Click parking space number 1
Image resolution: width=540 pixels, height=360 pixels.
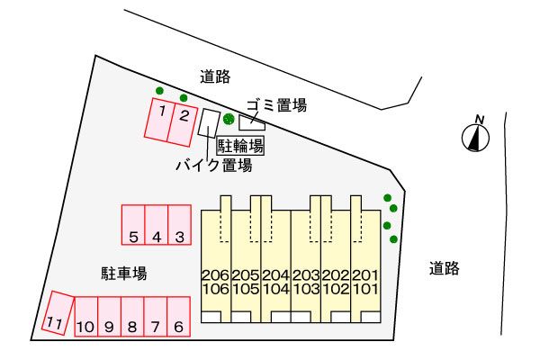coord(159,121)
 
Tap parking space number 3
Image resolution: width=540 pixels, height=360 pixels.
coord(179,225)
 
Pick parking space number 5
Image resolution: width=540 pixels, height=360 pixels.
coord(133,225)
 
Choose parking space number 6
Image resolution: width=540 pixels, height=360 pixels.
coord(178,316)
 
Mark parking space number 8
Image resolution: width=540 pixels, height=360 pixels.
coord(131,316)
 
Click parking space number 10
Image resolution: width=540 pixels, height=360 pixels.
coord(85,316)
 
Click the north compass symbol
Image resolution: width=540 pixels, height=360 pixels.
coord(476,135)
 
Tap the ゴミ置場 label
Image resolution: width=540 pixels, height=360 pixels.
coord(276,105)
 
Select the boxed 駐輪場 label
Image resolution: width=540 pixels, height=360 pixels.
coord(240,145)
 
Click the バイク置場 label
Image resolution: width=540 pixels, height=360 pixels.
coord(212,166)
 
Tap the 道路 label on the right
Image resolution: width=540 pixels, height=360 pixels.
coord(445,267)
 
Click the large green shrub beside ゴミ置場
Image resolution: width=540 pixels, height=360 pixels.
coord(229,119)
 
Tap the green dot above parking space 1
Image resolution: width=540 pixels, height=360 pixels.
coord(159,90)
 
